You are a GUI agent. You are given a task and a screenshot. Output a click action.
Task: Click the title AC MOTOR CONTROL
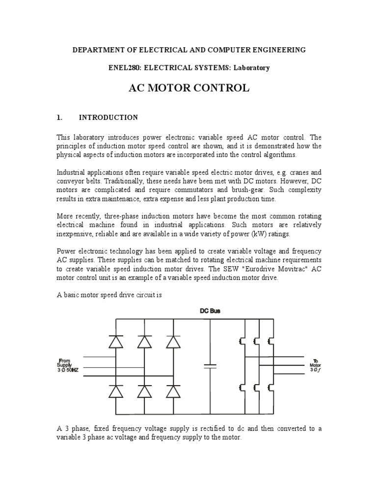point(189,88)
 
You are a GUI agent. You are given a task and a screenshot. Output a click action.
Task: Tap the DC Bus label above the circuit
point(210,310)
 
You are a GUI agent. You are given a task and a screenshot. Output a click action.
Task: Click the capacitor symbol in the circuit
point(210,366)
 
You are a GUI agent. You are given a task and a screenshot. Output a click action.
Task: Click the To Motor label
point(314,365)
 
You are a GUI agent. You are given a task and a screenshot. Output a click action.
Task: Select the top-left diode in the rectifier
point(116,341)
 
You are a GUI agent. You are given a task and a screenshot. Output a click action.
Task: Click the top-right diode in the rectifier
point(173,341)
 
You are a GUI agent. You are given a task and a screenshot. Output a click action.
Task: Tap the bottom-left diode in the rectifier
point(116,391)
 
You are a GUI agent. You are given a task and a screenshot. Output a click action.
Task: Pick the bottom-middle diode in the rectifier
point(145,391)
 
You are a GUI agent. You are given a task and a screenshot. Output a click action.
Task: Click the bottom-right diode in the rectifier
point(173,391)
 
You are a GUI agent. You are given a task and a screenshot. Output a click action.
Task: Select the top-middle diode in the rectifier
point(145,341)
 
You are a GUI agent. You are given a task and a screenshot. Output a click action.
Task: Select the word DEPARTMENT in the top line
point(97,50)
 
